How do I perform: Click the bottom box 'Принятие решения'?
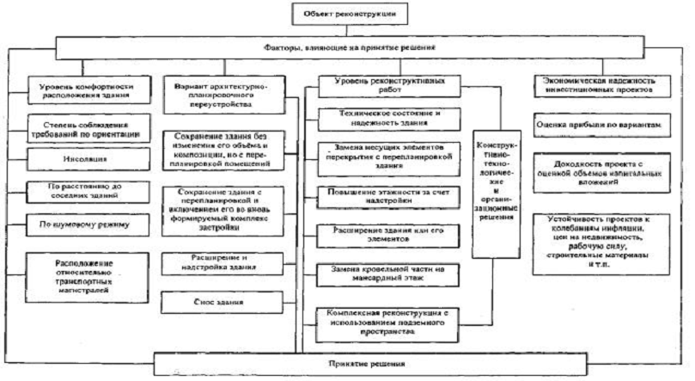pyautogui.click(x=347, y=363)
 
